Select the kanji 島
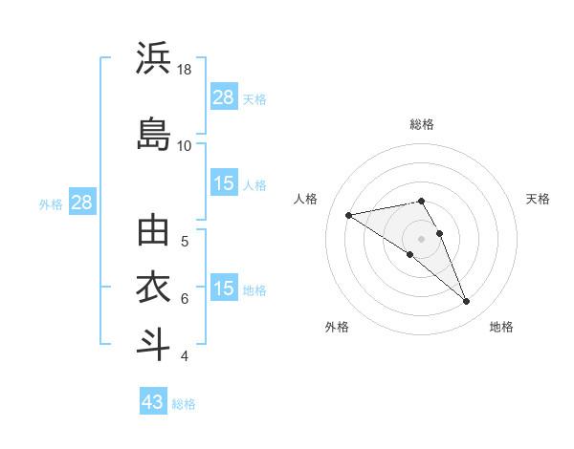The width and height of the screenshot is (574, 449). (x=154, y=133)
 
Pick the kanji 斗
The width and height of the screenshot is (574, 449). (x=154, y=343)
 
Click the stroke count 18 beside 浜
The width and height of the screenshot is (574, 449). (x=185, y=70)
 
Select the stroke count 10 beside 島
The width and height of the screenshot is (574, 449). (x=185, y=145)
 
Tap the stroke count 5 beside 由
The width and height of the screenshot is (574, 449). (x=185, y=241)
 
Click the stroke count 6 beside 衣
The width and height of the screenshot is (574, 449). (x=185, y=298)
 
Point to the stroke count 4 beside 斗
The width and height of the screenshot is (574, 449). (x=185, y=356)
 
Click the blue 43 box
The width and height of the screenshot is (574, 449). (x=153, y=402)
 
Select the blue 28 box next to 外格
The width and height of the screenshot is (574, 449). (x=81, y=202)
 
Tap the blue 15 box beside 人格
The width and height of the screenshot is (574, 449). (x=224, y=183)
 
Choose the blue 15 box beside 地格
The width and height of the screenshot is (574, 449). (x=224, y=289)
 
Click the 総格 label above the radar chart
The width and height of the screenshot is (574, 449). (x=422, y=124)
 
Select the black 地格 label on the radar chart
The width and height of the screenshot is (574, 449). (x=501, y=327)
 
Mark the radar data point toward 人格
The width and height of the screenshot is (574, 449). (x=349, y=214)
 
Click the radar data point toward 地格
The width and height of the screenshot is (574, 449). (x=467, y=302)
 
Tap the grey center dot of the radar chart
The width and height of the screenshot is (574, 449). (x=422, y=238)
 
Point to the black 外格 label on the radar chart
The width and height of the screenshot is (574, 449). (x=337, y=327)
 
